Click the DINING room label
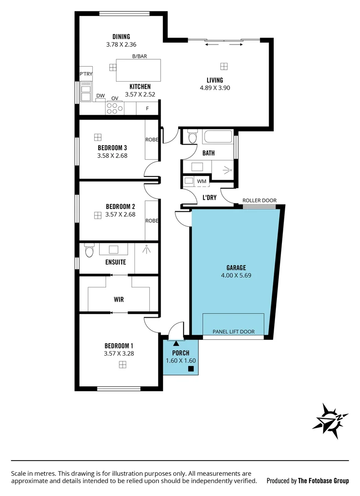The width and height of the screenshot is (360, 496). point(121,37)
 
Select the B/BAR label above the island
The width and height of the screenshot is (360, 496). point(138,56)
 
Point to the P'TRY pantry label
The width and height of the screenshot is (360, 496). point(85,74)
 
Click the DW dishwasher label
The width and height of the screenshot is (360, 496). point(100,96)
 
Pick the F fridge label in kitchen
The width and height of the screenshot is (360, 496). point(147,108)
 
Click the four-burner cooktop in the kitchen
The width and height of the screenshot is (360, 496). point(115,108)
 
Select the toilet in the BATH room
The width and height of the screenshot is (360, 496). point(192,137)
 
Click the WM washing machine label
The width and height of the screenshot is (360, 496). point(201,181)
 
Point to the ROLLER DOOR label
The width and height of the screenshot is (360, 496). point(259,200)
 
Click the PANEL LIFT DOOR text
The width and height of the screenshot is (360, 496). point(233,332)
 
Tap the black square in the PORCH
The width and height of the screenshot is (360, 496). point(191,368)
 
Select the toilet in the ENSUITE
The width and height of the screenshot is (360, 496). point(89,251)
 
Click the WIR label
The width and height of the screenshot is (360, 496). point(119,299)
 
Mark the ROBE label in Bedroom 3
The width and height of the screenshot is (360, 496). point(152,140)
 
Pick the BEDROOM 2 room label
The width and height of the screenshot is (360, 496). point(120,206)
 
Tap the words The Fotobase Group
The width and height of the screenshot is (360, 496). point(323,481)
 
